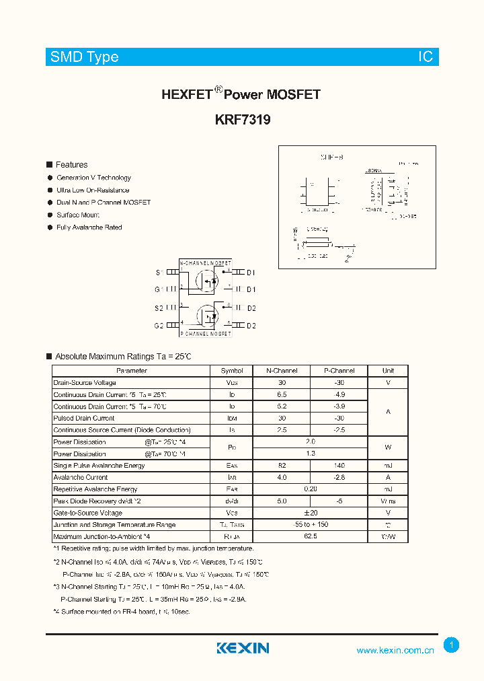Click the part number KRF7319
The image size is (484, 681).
[x=242, y=120]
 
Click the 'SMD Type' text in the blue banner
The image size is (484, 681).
[x=84, y=57]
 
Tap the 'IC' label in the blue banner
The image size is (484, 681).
[x=426, y=57]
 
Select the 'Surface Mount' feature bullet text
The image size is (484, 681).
[x=77, y=215]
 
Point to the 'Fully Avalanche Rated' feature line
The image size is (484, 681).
[x=89, y=227]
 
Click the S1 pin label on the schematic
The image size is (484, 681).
[x=159, y=273]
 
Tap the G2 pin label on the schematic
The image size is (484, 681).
[x=159, y=326]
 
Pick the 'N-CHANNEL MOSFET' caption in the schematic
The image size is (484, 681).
[x=206, y=262]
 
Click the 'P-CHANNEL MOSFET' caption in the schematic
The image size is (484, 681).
[x=206, y=334]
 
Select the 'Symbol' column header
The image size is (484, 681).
[x=232, y=371]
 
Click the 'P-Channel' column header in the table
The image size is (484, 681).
[x=339, y=371]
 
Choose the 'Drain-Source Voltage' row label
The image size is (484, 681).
[x=85, y=383]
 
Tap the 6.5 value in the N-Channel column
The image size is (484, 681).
[x=282, y=394]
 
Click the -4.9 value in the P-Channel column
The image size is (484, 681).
[x=339, y=394]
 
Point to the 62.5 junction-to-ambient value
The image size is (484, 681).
[x=311, y=536]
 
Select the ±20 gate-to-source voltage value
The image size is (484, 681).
[x=311, y=513]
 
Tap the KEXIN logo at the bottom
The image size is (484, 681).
[x=243, y=648]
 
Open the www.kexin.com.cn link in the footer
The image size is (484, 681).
[x=395, y=650]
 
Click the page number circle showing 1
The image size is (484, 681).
[x=452, y=645]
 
